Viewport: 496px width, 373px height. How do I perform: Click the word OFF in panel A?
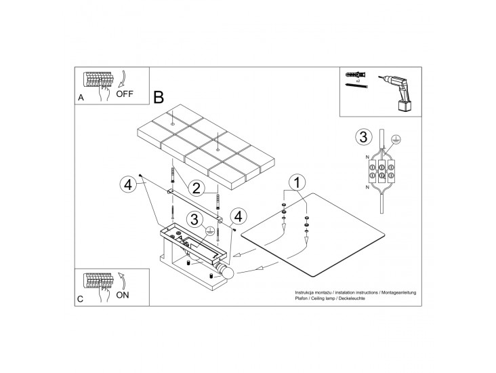(x=125, y=94)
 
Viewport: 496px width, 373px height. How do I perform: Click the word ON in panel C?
(x=123, y=295)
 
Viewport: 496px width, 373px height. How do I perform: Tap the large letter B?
(x=159, y=97)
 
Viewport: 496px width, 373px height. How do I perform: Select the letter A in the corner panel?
(x=81, y=98)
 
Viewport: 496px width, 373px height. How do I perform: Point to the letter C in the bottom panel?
(x=81, y=299)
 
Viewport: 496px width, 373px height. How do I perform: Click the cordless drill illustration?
(x=396, y=93)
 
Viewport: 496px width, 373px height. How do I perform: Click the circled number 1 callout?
(x=297, y=182)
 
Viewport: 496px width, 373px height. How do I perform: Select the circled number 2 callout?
(x=196, y=189)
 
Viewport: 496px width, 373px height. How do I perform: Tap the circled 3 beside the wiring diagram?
(x=363, y=137)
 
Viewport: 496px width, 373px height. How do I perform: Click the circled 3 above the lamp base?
(x=194, y=219)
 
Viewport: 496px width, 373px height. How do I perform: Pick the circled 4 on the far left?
(x=128, y=184)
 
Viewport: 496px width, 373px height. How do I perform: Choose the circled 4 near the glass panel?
(x=239, y=217)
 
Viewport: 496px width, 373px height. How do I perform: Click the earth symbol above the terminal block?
(x=396, y=138)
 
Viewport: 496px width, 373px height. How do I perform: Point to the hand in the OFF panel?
(x=104, y=91)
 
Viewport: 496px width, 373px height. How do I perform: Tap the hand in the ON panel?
(x=103, y=292)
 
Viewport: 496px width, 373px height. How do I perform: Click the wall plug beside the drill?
(x=356, y=75)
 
